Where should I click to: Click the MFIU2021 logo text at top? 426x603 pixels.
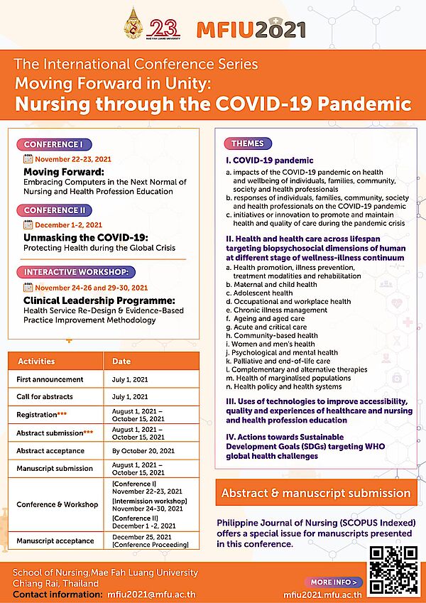(251, 29)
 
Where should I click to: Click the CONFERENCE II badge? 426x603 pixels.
(55, 210)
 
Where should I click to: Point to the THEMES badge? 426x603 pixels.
(247, 143)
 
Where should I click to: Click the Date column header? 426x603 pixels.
(121, 362)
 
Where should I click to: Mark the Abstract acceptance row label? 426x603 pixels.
(50, 450)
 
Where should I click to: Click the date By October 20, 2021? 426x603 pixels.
(143, 450)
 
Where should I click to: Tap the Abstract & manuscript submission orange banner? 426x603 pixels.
(316, 493)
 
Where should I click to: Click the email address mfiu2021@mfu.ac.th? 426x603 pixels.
(151, 594)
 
